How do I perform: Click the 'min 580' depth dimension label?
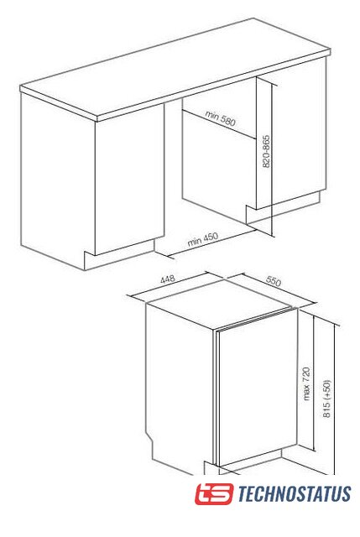[220, 118]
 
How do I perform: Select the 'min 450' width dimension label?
[203, 239]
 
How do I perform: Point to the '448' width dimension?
[168, 279]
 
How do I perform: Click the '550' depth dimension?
[274, 281]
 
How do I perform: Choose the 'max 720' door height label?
[306, 383]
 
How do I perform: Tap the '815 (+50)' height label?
[327, 399]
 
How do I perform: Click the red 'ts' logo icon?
[214, 493]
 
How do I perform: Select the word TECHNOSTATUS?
[295, 494]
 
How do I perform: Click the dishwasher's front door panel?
[258, 387]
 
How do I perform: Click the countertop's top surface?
[175, 66]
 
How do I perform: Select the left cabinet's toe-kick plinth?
[119, 255]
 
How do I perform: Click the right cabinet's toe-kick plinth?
[283, 207]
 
